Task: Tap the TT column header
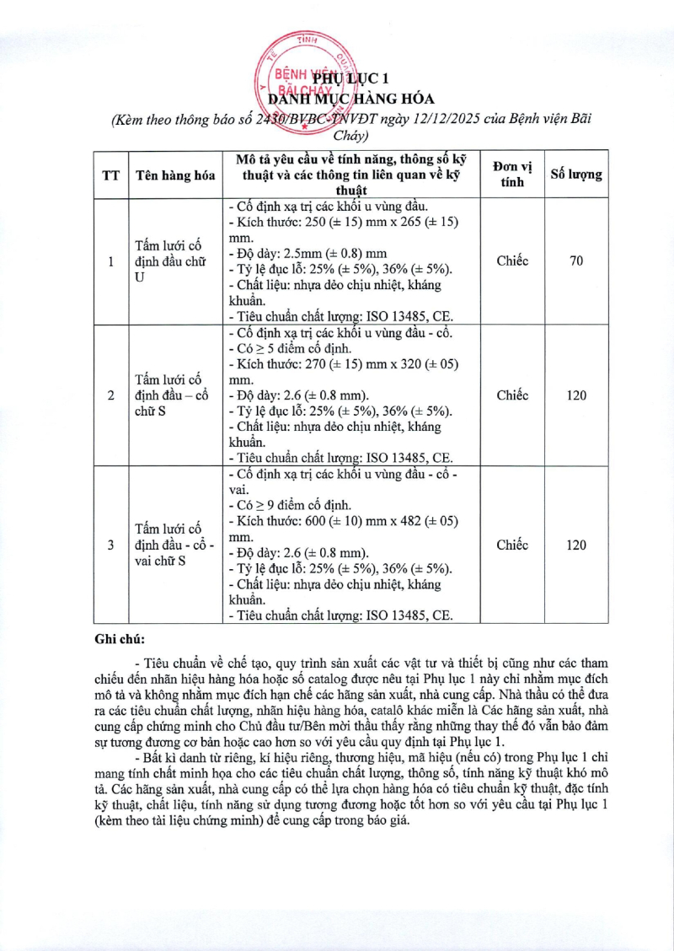pyautogui.click(x=110, y=175)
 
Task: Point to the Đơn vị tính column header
pyautogui.click(x=512, y=175)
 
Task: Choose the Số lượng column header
pyautogui.click(x=576, y=175)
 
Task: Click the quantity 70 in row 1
pyautogui.click(x=576, y=261)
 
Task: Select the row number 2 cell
pyautogui.click(x=110, y=395)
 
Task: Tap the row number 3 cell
pyautogui.click(x=110, y=545)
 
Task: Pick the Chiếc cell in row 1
pyautogui.click(x=512, y=261)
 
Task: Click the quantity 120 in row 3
pyautogui.click(x=576, y=545)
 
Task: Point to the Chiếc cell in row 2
pyautogui.click(x=512, y=395)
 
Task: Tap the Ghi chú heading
pyautogui.click(x=120, y=638)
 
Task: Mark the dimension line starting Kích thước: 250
pyautogui.click(x=343, y=223)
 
